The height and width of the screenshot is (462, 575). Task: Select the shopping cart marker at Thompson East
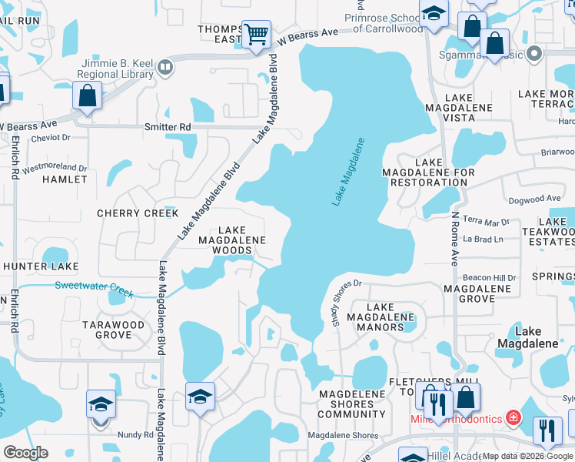click(x=256, y=35)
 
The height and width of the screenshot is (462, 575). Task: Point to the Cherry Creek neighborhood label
click(x=138, y=213)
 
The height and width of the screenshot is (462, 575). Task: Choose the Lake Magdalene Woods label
click(x=231, y=240)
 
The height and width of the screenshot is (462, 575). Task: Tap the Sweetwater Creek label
click(x=94, y=290)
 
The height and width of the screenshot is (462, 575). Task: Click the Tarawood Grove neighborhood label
click(x=113, y=330)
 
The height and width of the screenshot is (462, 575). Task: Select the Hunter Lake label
click(x=41, y=266)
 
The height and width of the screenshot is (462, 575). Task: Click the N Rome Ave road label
click(x=455, y=239)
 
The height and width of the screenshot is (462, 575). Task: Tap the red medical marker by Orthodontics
click(x=514, y=418)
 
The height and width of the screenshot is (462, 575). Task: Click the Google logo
click(x=25, y=453)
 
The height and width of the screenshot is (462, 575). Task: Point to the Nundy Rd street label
click(x=135, y=435)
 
